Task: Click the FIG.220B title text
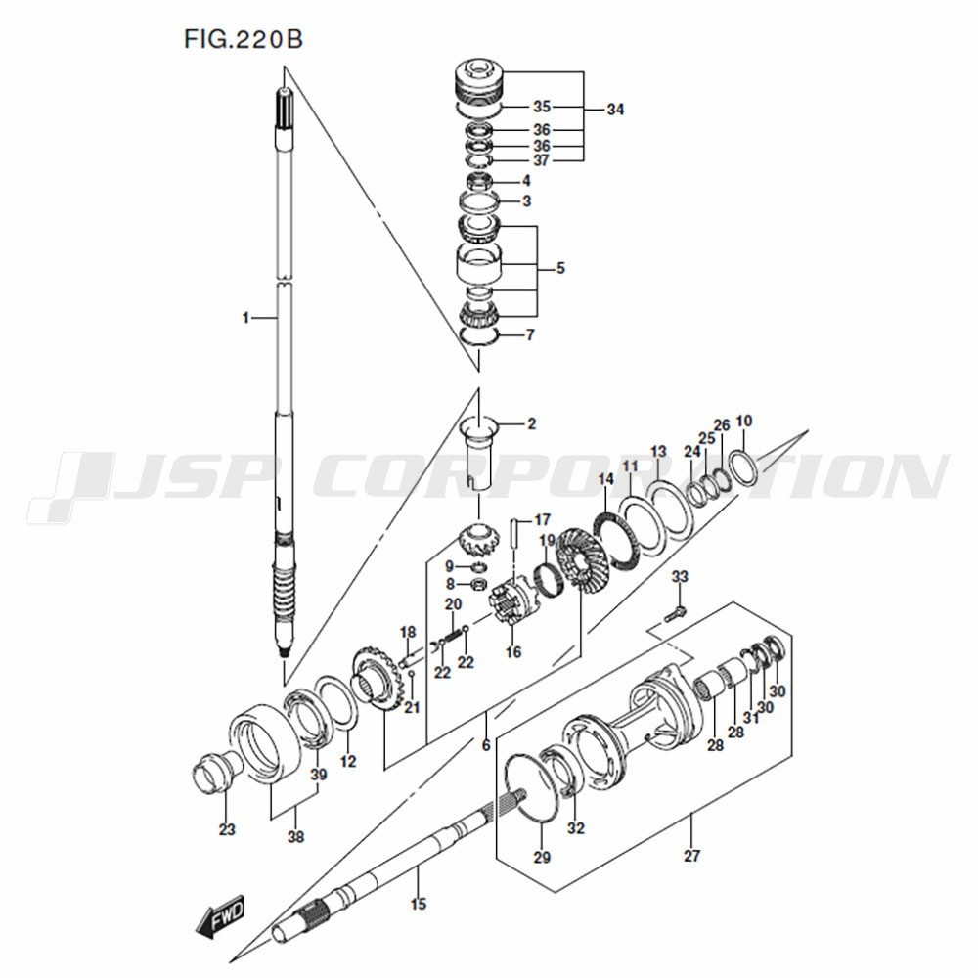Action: point(244,39)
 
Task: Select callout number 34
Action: point(615,110)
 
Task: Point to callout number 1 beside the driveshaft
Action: point(245,318)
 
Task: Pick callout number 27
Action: point(691,856)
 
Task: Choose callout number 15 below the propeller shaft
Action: point(418,904)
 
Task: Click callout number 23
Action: point(227,829)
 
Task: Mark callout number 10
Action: point(744,421)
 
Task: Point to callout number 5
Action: point(560,268)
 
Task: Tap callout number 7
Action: point(530,334)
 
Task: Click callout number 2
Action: point(531,424)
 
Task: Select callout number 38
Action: point(295,837)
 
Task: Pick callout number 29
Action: point(542,858)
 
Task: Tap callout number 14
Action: point(605,479)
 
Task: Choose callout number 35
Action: point(542,107)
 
